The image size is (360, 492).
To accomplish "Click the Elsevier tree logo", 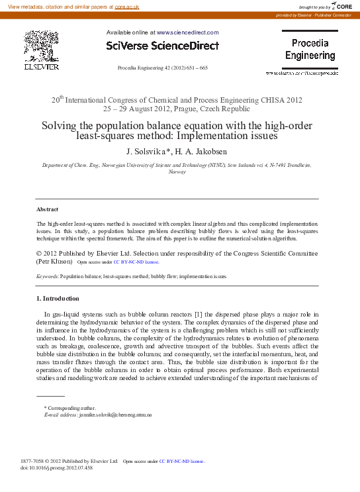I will click(x=41, y=48).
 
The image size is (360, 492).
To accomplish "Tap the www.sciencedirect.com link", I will click(x=187, y=32).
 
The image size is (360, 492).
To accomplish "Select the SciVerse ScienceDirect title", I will click(x=162, y=46).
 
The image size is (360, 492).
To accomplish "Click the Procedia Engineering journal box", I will click(x=310, y=50).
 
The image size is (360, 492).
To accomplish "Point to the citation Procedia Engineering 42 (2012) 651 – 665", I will click(x=162, y=68).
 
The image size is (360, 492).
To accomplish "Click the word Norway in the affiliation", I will click(x=177, y=172).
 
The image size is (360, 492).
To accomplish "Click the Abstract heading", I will click(x=48, y=209).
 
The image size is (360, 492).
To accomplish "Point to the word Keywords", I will click(x=47, y=275).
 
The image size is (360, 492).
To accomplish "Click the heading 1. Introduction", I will click(x=58, y=299).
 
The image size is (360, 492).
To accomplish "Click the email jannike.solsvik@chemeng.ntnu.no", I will click(x=116, y=415).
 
